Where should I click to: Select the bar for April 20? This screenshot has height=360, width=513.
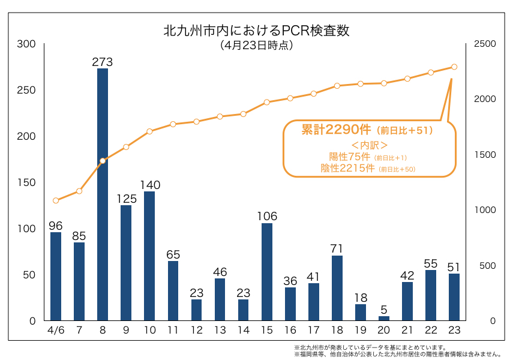(384, 318)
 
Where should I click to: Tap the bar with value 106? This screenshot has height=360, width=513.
(267, 271)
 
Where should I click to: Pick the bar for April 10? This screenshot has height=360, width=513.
(149, 256)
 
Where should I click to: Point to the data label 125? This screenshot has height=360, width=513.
(126, 197)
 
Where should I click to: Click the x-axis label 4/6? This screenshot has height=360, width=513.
(56, 331)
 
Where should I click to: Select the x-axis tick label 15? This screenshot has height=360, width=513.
(267, 331)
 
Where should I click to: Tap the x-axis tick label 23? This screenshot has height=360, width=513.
(454, 331)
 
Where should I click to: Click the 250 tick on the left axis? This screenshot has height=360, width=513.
(27, 90)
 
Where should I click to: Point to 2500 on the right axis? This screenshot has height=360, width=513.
(485, 44)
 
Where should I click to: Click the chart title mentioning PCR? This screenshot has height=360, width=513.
(256, 31)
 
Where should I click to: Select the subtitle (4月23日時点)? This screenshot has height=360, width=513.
(256, 46)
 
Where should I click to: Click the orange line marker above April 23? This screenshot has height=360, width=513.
(454, 67)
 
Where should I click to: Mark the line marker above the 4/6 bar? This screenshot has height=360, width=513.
(56, 200)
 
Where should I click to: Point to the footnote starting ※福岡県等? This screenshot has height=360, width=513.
(397, 355)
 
